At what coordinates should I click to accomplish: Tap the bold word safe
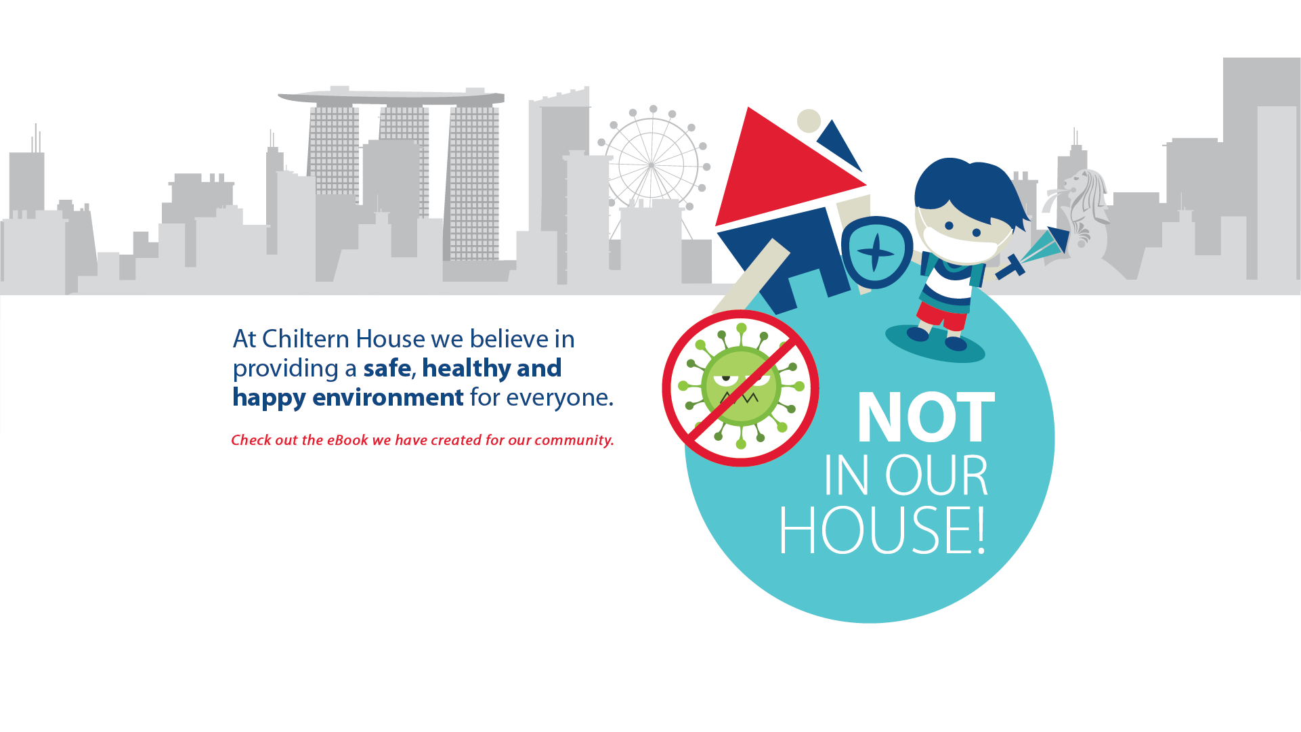tap(387, 368)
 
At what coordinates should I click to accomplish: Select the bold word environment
tap(388, 397)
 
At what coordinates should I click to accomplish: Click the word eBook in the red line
tap(347, 440)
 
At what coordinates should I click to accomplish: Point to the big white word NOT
tap(926, 417)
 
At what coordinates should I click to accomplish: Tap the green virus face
tap(741, 387)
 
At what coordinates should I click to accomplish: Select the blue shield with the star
tap(876, 252)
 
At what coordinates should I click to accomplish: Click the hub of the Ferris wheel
tap(652, 165)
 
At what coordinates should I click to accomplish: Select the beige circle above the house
tap(809, 121)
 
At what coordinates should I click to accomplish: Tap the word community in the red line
tap(573, 441)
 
